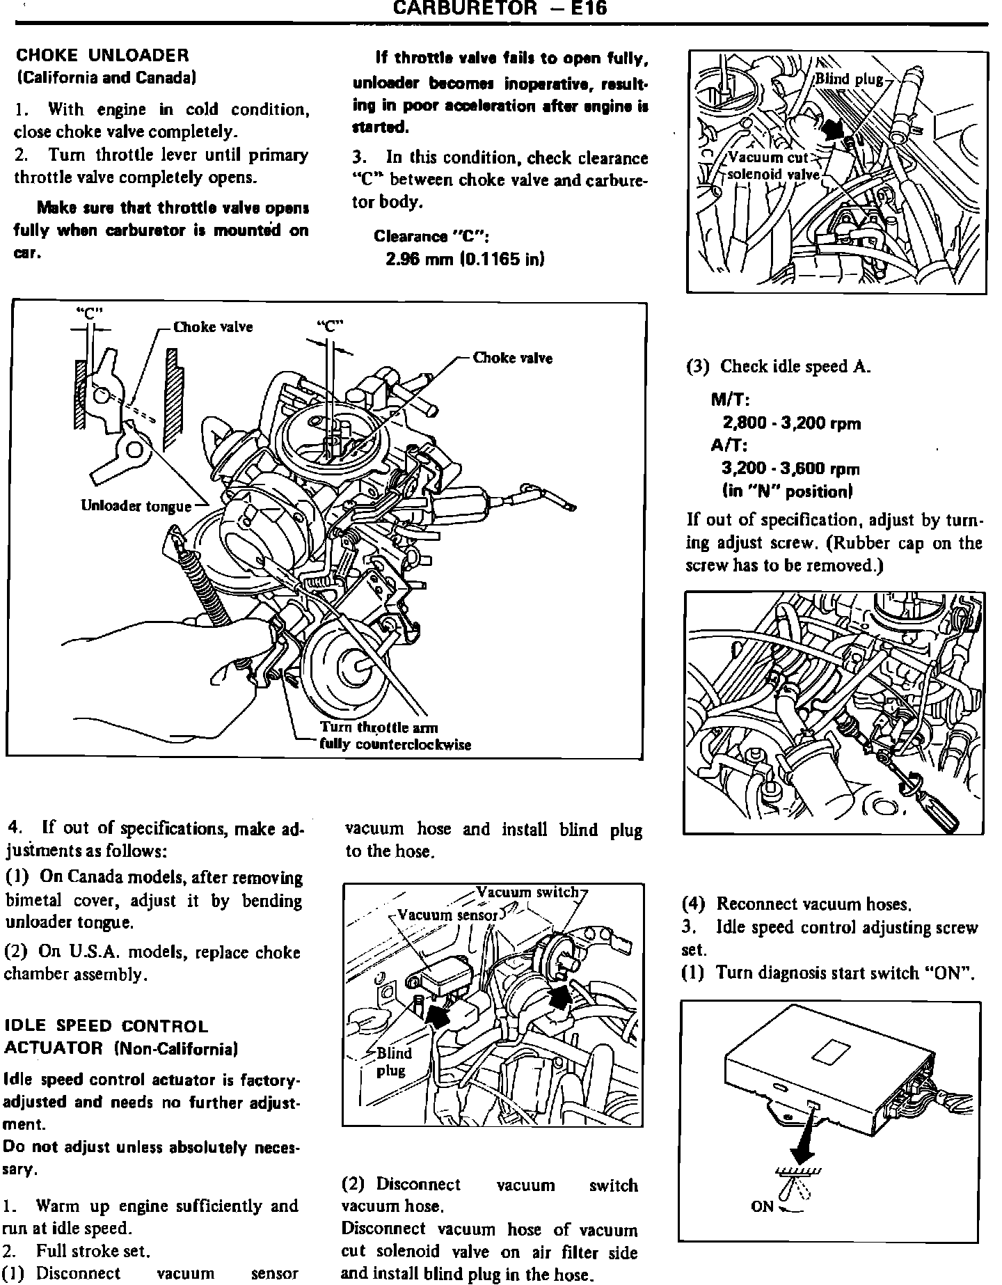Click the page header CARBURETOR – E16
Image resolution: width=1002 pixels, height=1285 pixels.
[500, 8]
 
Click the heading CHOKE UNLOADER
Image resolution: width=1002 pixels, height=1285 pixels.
[102, 55]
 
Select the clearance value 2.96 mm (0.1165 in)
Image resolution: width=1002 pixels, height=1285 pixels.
[465, 259]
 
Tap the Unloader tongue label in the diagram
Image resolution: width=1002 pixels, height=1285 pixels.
[136, 506]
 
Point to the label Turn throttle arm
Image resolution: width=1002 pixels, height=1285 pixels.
[379, 727]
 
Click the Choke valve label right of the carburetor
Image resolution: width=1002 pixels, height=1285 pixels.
[512, 358]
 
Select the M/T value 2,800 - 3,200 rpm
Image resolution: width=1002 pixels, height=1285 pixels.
[791, 423]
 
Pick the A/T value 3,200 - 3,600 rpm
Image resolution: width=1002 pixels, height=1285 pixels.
[791, 468]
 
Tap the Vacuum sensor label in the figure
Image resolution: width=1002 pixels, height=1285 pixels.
[447, 915]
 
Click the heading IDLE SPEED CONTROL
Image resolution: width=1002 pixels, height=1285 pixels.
[106, 1026]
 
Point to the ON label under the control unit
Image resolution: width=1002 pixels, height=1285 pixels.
[763, 1206]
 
